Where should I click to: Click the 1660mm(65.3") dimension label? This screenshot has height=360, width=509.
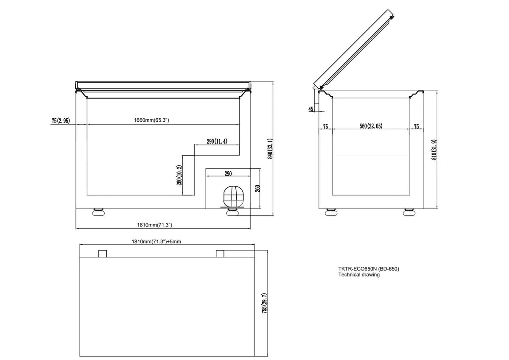[151, 120]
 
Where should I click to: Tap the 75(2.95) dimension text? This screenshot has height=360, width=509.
[61, 120]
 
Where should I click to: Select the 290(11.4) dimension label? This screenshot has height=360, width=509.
[217, 141]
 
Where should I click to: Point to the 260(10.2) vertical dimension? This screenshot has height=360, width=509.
[179, 176]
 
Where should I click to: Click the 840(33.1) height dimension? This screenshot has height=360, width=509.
[270, 148]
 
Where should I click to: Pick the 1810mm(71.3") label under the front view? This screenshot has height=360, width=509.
[155, 225]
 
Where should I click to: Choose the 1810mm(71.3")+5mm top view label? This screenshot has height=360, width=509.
[157, 241]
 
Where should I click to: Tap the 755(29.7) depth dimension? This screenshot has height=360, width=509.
[264, 304]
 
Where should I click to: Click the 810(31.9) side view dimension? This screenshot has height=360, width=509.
[434, 150]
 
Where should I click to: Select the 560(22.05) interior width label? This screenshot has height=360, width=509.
[371, 126]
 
